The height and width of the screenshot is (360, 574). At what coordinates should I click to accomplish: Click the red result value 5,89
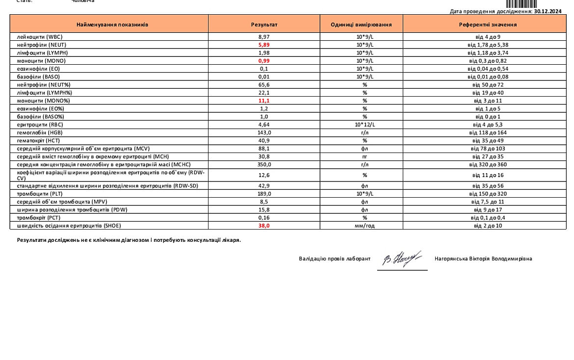(x=264, y=45)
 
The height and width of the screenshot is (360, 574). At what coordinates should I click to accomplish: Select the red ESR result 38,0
(x=264, y=226)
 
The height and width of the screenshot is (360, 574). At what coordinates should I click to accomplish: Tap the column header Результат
(x=264, y=24)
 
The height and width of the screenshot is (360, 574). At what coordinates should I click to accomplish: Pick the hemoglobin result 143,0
(x=264, y=132)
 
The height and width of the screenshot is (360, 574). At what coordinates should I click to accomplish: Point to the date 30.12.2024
(x=548, y=11)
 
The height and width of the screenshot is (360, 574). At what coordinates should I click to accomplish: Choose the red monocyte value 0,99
(x=264, y=61)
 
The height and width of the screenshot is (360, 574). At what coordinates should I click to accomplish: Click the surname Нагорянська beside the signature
(x=452, y=258)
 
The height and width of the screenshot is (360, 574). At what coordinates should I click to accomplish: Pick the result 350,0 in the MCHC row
(x=264, y=164)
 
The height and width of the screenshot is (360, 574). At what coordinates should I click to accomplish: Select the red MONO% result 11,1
(x=264, y=101)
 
